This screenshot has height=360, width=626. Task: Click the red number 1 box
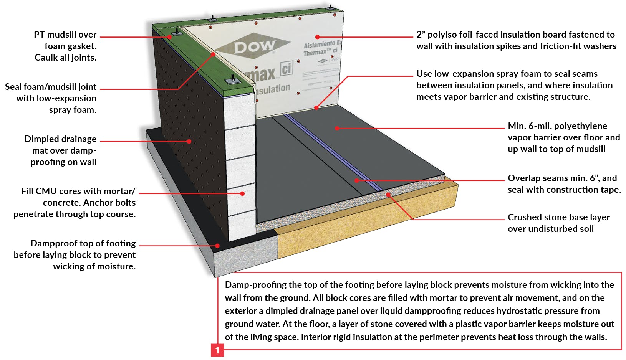point(217,350)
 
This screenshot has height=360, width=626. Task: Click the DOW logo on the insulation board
point(254,47)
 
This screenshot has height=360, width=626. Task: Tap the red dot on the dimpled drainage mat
point(189,141)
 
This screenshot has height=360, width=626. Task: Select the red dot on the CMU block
point(242,193)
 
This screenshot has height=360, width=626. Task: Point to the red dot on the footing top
point(217,246)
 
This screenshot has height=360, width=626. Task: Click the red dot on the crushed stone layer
point(388,195)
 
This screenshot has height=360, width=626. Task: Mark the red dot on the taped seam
point(356,180)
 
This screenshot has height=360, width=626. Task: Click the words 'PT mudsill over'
point(65,35)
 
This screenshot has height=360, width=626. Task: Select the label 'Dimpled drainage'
point(60,139)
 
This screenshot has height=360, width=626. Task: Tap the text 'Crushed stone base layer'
point(558,217)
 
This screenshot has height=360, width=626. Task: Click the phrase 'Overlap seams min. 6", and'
point(562,178)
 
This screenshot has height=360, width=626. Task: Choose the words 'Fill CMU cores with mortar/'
point(78,191)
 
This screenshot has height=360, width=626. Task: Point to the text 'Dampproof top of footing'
point(83,243)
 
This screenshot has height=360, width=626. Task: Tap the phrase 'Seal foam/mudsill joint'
point(51,87)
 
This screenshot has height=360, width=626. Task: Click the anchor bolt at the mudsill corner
point(176,32)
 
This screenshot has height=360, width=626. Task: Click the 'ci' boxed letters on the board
point(287,68)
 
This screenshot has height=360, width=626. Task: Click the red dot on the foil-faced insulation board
point(317,37)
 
